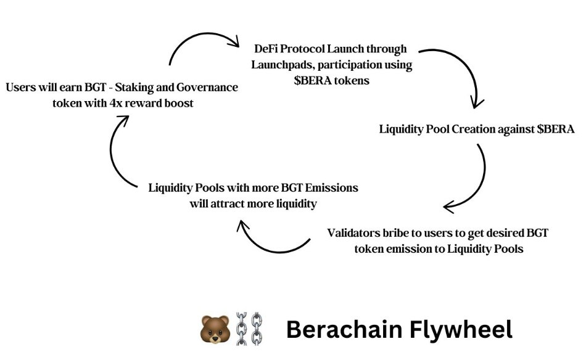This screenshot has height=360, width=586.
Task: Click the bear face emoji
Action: click(x=215, y=329)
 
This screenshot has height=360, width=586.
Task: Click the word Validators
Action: click(x=355, y=234)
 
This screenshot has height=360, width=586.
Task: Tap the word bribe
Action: click(x=400, y=234)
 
